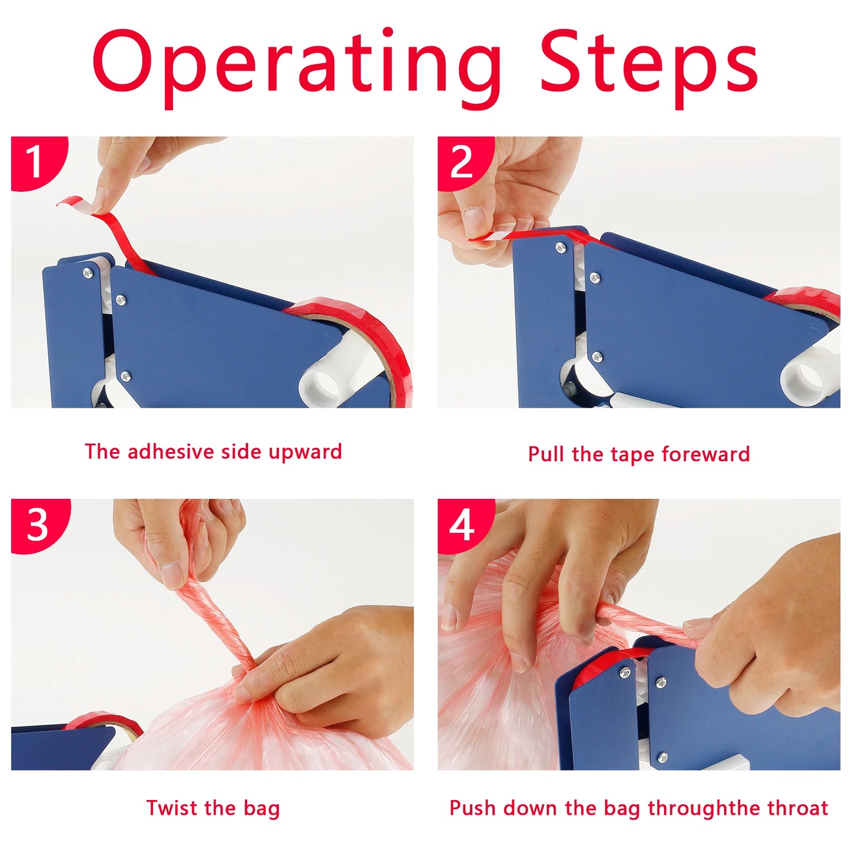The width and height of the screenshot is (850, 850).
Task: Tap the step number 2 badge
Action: click(462, 161)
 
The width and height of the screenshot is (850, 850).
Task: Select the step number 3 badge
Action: click(37, 524)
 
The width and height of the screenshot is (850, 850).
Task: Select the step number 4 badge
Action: click(462, 524)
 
